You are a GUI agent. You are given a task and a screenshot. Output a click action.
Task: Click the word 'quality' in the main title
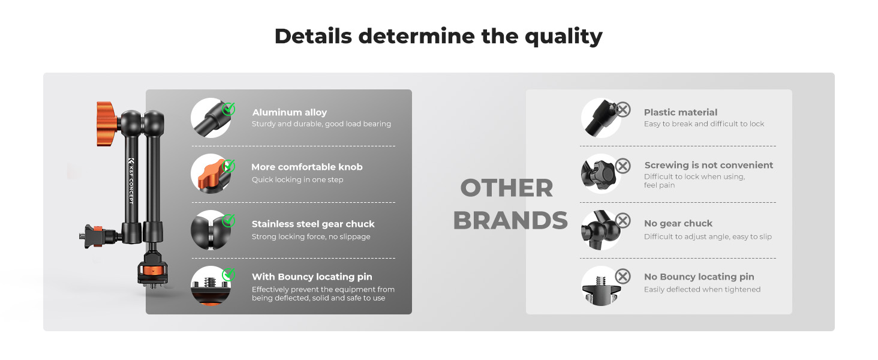[563, 37]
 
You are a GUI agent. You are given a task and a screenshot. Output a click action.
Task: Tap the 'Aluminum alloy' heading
[289, 113]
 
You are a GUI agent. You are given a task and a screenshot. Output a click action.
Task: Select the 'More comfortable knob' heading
[307, 167]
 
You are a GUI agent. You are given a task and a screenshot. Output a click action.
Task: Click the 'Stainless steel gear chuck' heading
[313, 224]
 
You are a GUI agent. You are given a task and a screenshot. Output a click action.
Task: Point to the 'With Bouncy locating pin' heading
[312, 277]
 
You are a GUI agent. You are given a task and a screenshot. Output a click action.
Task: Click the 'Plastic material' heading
[681, 113]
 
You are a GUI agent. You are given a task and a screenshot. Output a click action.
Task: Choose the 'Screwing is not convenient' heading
[709, 165]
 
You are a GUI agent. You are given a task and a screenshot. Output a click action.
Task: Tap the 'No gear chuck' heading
[678, 224]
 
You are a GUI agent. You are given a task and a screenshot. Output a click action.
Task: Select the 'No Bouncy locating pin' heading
[699, 277]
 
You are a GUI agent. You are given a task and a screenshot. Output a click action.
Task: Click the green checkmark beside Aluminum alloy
[228, 109]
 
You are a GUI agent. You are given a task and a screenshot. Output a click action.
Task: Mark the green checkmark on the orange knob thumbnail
[228, 166]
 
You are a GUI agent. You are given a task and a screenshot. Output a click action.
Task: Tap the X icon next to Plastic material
[623, 109]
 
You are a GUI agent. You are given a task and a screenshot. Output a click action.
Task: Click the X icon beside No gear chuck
[623, 220]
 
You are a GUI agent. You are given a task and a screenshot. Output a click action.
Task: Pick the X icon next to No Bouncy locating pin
[623, 276]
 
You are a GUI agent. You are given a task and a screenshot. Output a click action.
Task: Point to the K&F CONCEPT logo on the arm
[131, 181]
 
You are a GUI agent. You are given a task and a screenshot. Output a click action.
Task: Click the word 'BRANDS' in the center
[510, 220]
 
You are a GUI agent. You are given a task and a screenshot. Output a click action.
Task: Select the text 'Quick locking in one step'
[297, 179]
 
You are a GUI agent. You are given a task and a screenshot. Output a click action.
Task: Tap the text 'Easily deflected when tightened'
[702, 289]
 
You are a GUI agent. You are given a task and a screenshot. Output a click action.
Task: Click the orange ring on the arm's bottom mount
[153, 271]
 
